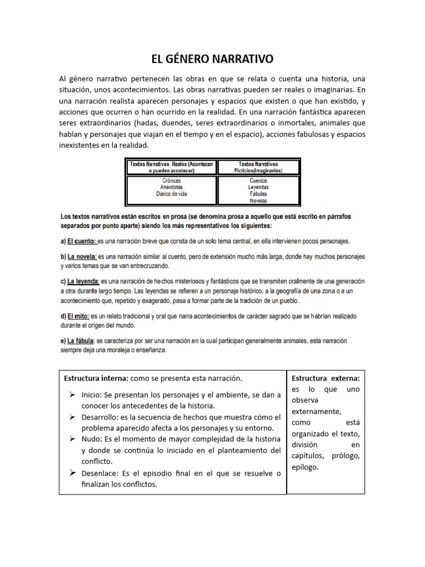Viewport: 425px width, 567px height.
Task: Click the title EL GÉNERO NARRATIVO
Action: click(x=212, y=59)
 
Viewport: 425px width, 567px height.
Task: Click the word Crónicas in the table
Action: click(x=172, y=181)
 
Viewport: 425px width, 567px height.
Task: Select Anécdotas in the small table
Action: click(x=172, y=187)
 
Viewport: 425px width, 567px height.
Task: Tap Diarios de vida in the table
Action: click(x=172, y=194)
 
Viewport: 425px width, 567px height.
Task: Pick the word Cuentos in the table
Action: click(x=258, y=181)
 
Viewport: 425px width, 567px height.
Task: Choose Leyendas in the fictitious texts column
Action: click(x=258, y=187)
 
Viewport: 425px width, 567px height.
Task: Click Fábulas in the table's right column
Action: click(x=258, y=194)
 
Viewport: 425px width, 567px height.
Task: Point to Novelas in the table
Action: click(x=258, y=200)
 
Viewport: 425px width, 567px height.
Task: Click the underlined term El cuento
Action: click(x=81, y=241)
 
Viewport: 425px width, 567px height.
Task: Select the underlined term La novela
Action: click(x=82, y=257)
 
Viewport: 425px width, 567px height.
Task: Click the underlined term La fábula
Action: click(x=81, y=341)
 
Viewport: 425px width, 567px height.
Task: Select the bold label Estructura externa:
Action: click(x=325, y=378)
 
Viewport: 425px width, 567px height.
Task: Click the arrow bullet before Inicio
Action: click(x=72, y=395)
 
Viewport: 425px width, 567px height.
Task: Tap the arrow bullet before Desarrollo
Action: click(x=72, y=417)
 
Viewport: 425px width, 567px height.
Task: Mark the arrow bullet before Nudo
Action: click(x=72, y=439)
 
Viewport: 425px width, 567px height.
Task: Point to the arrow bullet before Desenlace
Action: click(x=72, y=473)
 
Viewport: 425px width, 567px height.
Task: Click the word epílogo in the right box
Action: click(x=307, y=467)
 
